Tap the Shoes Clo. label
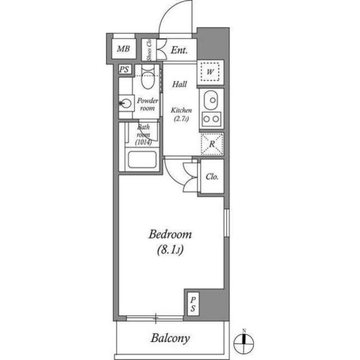coord(149,50)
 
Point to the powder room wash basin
coord(126,103)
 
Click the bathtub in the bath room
coord(142,160)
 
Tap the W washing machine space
coord(210,71)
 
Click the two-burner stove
coord(211,120)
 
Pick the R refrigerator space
coord(212,144)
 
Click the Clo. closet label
coord(212,177)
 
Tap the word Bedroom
coord(170,235)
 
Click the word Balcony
coord(170,338)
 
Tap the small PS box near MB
coord(123,69)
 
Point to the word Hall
coord(180,84)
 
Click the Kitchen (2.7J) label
coord(181,114)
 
